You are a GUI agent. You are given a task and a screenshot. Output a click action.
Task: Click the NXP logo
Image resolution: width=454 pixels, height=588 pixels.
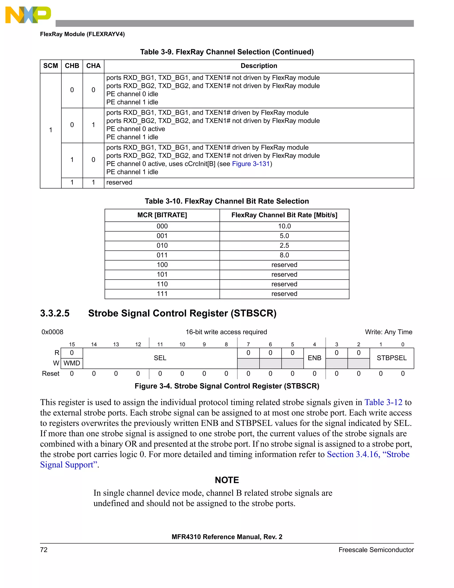(28, 15)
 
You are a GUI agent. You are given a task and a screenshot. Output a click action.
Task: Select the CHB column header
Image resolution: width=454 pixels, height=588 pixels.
(72, 66)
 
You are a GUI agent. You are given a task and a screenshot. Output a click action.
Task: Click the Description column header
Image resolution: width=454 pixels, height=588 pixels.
(258, 66)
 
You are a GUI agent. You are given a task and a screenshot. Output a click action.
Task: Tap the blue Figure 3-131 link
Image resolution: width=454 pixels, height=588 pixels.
(250, 164)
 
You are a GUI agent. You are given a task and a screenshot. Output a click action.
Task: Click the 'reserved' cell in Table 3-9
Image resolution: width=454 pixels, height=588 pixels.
(119, 183)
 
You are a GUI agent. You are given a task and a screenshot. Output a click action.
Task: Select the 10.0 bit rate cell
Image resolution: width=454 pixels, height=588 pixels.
(284, 226)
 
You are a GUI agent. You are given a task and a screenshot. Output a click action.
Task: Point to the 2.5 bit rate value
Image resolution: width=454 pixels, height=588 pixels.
(284, 246)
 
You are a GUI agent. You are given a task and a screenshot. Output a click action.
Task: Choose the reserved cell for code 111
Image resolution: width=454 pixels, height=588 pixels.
(284, 294)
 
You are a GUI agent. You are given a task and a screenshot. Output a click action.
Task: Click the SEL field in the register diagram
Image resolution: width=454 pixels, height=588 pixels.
(160, 358)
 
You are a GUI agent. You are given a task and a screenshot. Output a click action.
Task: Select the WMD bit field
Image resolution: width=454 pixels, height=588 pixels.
(72, 363)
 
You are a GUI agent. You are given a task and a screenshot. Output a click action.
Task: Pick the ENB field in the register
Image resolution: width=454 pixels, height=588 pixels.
(314, 358)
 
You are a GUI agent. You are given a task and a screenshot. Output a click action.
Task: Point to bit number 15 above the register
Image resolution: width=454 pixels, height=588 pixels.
(72, 344)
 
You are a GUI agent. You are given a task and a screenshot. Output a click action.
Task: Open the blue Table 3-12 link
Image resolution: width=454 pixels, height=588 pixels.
(383, 403)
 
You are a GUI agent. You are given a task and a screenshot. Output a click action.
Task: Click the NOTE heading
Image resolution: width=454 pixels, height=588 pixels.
(227, 480)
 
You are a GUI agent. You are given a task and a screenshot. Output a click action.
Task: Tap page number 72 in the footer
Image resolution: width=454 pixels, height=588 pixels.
(44, 550)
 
